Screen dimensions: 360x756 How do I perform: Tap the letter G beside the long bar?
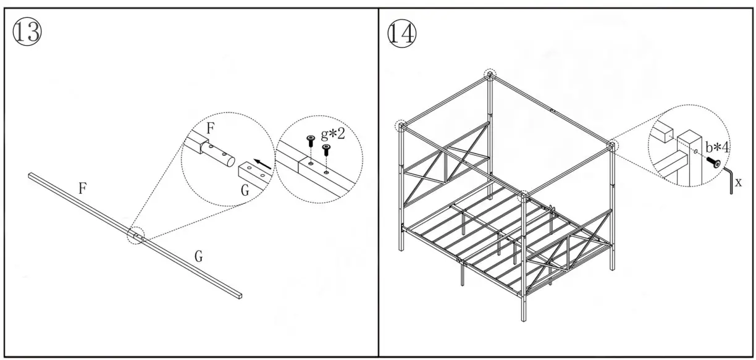pyautogui.click(x=198, y=256)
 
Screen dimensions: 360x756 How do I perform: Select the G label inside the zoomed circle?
pyautogui.click(x=245, y=191)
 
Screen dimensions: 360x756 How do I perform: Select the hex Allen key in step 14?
pyautogui.click(x=729, y=179)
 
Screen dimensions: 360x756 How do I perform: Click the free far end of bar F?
pyautogui.click(x=31, y=176)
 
